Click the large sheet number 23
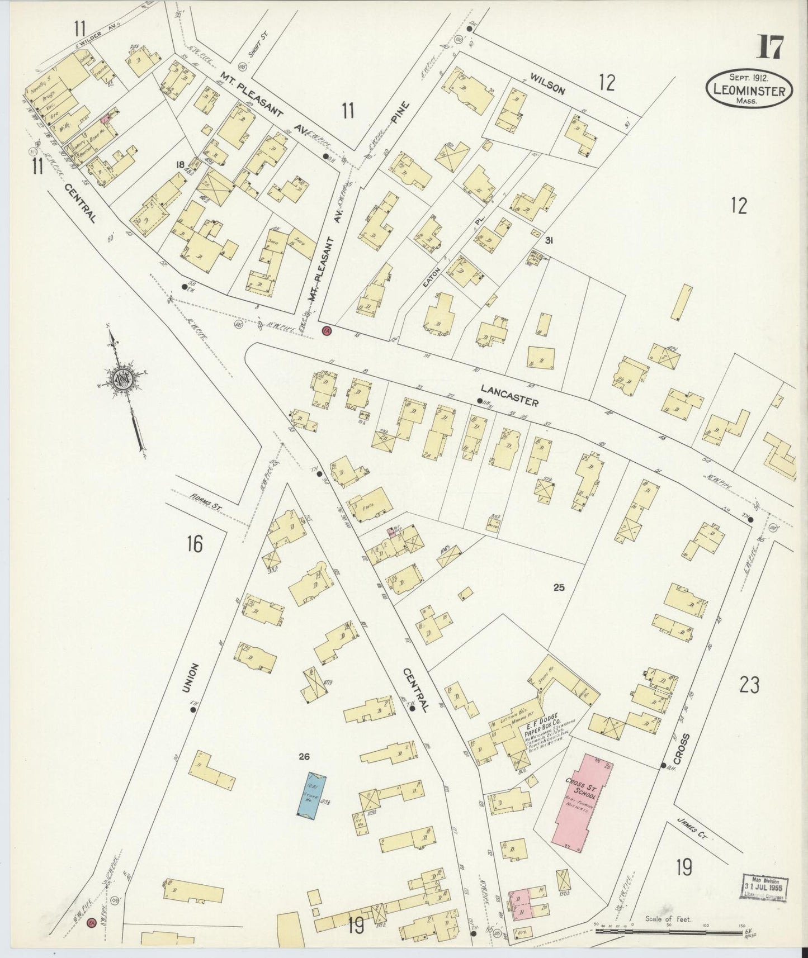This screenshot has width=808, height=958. (749, 684)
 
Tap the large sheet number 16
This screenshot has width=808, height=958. (194, 543)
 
